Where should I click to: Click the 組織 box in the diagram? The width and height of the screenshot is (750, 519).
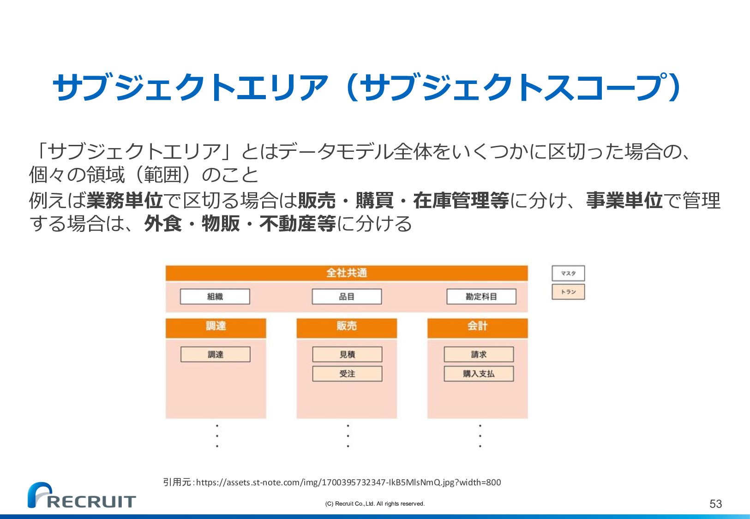(x=215, y=297)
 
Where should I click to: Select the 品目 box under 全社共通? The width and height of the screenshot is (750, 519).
(x=347, y=297)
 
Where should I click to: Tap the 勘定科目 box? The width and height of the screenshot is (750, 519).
(x=481, y=297)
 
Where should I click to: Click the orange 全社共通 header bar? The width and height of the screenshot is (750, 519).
(x=346, y=273)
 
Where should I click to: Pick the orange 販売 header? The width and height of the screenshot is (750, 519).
(x=346, y=327)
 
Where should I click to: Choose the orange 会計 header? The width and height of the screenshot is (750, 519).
(x=477, y=327)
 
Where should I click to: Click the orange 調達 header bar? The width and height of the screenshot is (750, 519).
(x=216, y=327)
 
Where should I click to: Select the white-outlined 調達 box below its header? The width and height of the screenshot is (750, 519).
(x=215, y=355)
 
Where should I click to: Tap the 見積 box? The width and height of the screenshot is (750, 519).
(x=347, y=355)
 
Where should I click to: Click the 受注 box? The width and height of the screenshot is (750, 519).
(x=347, y=374)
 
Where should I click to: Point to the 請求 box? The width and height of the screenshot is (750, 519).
(x=479, y=355)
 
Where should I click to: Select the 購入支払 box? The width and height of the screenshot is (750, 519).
(x=479, y=374)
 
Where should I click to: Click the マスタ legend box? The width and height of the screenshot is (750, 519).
(x=568, y=274)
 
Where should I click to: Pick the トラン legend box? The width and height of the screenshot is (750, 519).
(x=568, y=292)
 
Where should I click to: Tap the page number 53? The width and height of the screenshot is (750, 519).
(x=715, y=504)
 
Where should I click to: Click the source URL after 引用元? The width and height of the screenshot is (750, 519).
(x=348, y=483)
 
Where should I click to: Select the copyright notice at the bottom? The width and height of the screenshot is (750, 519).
(x=375, y=504)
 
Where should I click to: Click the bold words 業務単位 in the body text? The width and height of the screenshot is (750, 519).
(x=125, y=201)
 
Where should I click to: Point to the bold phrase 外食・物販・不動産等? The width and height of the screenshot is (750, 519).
(x=240, y=224)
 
